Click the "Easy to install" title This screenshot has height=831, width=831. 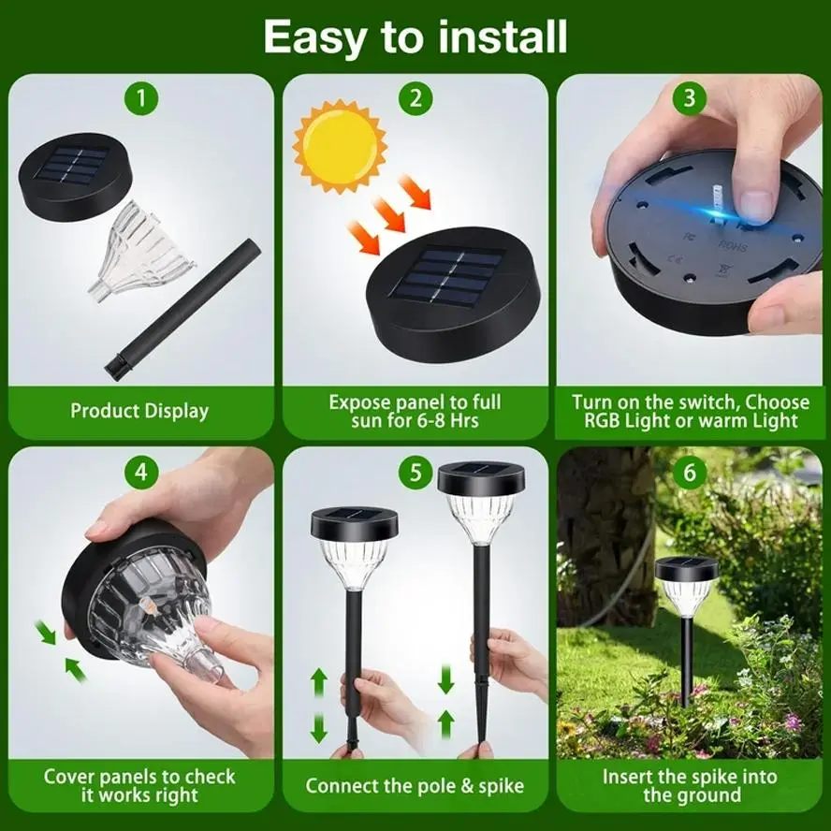point(415,36)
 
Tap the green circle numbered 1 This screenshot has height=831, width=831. point(141,98)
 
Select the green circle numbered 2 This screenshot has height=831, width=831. point(415,98)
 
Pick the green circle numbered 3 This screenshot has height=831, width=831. point(690,98)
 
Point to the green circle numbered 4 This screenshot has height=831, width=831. point(141,472)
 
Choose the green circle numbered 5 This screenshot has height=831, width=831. point(415,472)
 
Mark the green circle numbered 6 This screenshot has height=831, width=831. point(690,472)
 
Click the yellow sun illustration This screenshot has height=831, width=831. point(341,146)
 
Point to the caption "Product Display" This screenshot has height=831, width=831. point(139,411)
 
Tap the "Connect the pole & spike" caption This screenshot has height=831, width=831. point(415,785)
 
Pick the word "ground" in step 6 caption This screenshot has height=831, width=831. point(710,795)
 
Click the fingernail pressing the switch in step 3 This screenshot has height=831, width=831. point(756,205)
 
